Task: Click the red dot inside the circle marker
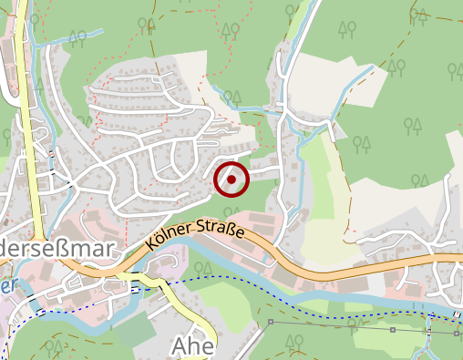click(x=231, y=180)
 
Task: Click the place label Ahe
click(x=192, y=346)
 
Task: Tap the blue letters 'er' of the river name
click(x=8, y=284)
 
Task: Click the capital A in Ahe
click(x=180, y=346)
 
